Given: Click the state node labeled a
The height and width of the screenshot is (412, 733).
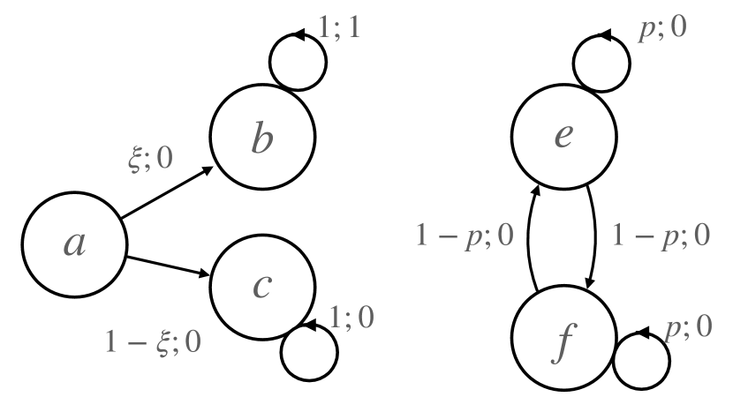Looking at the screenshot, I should [74, 244].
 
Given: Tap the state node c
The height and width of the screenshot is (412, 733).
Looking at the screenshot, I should [261, 286].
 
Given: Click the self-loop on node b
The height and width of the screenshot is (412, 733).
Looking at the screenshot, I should [298, 62].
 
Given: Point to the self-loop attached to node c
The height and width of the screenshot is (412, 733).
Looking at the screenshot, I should [308, 351].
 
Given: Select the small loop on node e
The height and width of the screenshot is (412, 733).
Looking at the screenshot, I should [602, 62].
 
